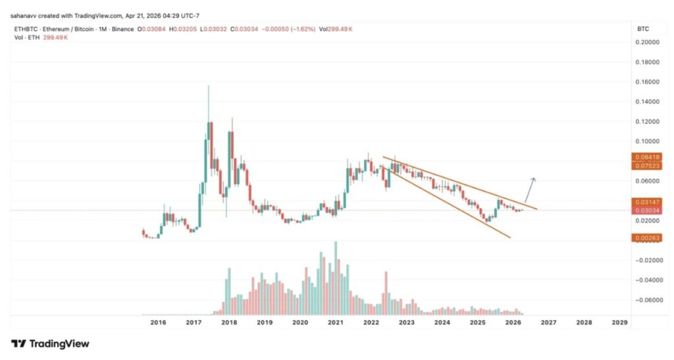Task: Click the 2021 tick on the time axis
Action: pyautogui.click(x=336, y=323)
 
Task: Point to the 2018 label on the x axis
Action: pyautogui.click(x=229, y=323)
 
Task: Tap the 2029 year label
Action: pyautogui.click(x=619, y=323)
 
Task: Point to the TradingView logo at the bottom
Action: pyautogui.click(x=50, y=344)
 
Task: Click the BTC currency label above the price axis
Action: pyautogui.click(x=642, y=30)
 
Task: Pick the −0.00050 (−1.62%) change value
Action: pyautogui.click(x=261, y=30)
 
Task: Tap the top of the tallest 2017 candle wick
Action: pyautogui.click(x=209, y=86)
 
